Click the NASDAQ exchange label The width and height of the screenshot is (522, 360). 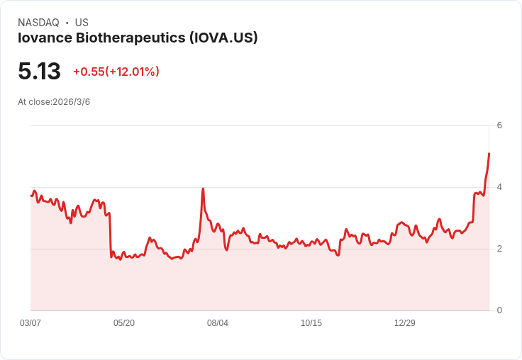click(x=38, y=23)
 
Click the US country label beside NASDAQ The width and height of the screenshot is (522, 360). click(x=82, y=23)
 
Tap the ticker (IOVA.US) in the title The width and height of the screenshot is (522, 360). click(x=223, y=38)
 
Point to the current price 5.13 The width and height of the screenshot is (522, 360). click(x=39, y=72)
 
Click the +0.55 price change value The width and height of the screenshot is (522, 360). click(x=89, y=72)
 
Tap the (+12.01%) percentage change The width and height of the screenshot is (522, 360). click(x=133, y=72)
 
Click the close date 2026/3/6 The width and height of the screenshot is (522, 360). click(x=71, y=102)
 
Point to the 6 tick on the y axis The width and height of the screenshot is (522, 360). click(x=499, y=125)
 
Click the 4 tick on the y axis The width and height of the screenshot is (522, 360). click(x=499, y=187)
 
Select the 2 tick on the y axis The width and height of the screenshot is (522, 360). click(x=499, y=249)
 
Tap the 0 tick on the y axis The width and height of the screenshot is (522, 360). click(x=499, y=310)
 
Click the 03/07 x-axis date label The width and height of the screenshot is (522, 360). click(x=30, y=323)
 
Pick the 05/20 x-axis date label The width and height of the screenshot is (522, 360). click(x=124, y=323)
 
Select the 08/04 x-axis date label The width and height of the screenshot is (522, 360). click(x=218, y=323)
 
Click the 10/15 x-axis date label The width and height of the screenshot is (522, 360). click(x=311, y=323)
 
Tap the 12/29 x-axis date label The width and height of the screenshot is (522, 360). click(x=405, y=323)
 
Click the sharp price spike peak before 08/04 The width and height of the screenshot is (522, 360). click(x=203, y=189)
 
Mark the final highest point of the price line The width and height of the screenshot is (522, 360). click(x=489, y=154)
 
